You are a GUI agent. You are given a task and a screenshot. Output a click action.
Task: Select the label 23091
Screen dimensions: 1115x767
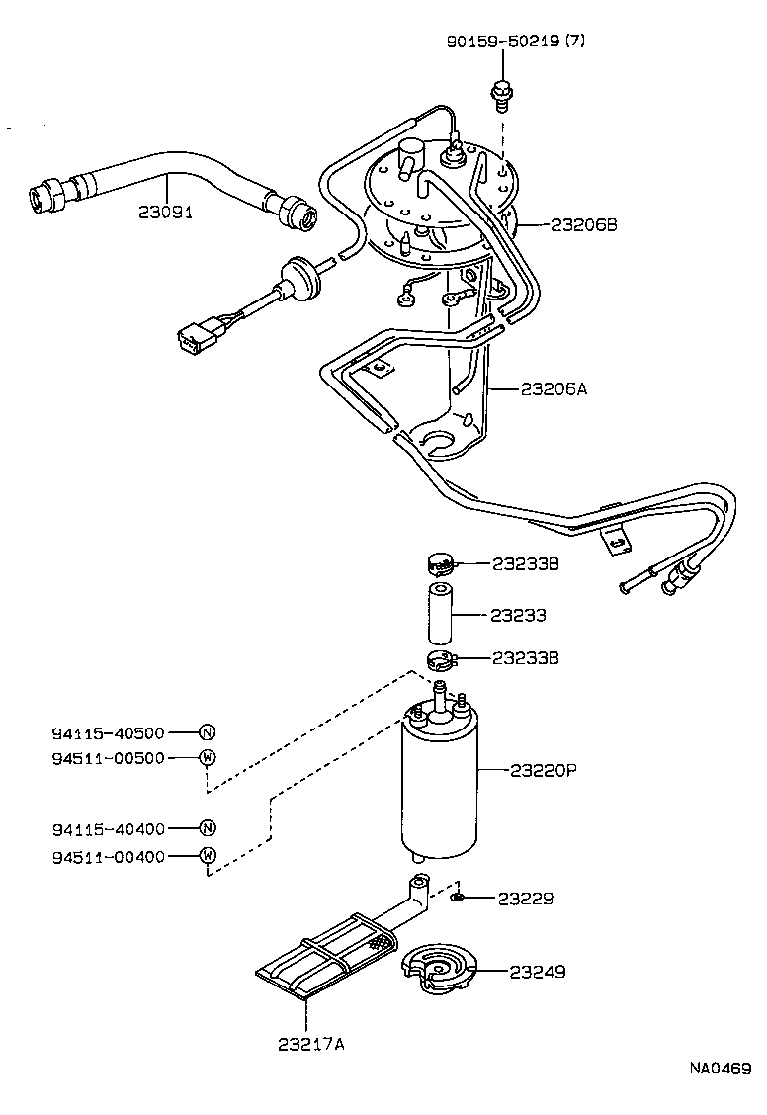[x=164, y=212]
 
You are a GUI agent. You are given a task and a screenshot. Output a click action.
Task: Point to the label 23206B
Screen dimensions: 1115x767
[x=583, y=225]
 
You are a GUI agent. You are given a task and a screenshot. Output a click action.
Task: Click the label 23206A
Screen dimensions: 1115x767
[x=554, y=388]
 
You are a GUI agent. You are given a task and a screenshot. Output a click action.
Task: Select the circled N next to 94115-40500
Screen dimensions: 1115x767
[x=208, y=732]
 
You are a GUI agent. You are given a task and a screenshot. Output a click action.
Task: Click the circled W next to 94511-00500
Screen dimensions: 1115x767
[x=208, y=757]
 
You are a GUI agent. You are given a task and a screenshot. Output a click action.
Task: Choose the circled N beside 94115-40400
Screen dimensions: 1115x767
[x=208, y=828]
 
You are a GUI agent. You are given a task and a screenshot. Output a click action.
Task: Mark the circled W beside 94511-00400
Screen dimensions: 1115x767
[x=208, y=856]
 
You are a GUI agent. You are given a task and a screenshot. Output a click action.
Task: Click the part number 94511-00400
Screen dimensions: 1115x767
[x=109, y=856]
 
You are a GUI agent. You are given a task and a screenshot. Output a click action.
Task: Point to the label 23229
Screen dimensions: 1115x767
[x=525, y=899]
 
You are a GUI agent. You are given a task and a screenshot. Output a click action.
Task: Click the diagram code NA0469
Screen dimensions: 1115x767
[x=721, y=1069]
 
